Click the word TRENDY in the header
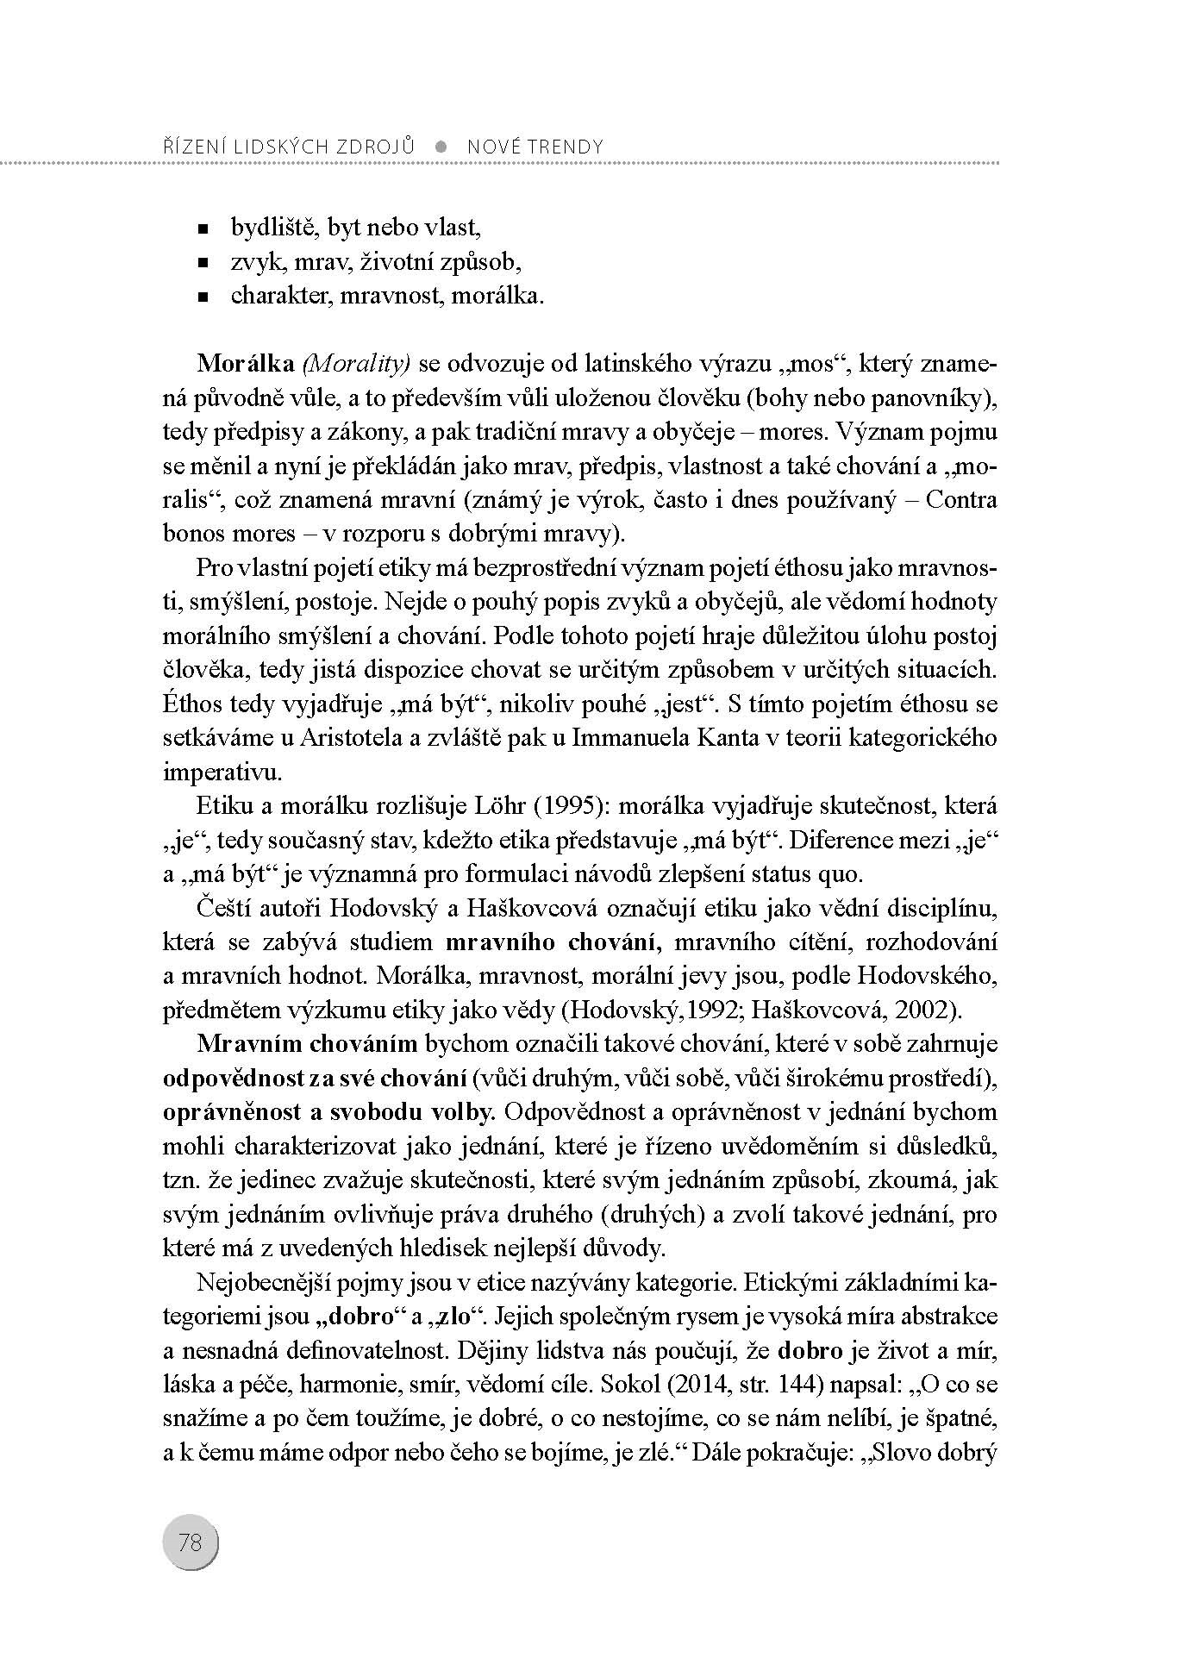pyautogui.click(x=565, y=147)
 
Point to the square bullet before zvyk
pyautogui.click(x=203, y=262)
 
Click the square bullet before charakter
pyautogui.click(x=203, y=297)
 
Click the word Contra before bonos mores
pyautogui.click(x=960, y=500)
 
